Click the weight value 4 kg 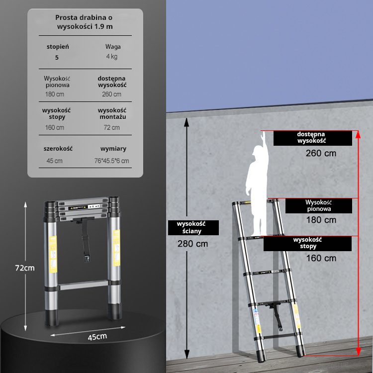111,57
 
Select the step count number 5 57,58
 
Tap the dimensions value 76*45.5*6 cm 111,161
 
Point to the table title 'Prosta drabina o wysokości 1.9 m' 84,22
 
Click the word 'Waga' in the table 113,47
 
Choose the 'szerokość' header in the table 58,149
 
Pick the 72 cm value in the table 111,127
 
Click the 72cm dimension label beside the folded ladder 25,268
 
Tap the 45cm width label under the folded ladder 97,337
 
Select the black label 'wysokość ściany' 193,228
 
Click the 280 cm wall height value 192,244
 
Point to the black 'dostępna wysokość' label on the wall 313,138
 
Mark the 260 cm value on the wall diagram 321,153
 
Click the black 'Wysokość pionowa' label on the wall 318,206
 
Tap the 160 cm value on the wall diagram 321,258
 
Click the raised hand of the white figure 263,136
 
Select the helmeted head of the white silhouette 258,152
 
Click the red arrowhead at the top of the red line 358,134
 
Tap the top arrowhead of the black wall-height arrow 186,122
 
